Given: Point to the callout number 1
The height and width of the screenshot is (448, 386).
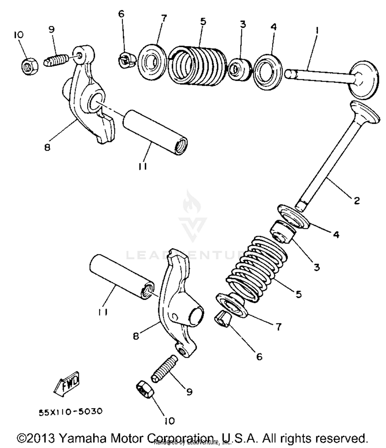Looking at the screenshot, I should pyautogui.click(x=317, y=31).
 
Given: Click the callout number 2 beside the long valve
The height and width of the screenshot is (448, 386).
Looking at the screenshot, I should pyautogui.click(x=357, y=200).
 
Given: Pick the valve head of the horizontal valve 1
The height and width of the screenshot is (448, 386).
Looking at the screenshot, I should pyautogui.click(x=365, y=80).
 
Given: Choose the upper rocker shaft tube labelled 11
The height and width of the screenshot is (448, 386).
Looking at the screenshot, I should pyautogui.click(x=155, y=132).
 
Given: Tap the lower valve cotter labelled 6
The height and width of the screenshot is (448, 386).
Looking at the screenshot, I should pyautogui.click(x=222, y=319).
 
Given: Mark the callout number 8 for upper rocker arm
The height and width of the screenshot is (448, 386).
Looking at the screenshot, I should pyautogui.click(x=47, y=147).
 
